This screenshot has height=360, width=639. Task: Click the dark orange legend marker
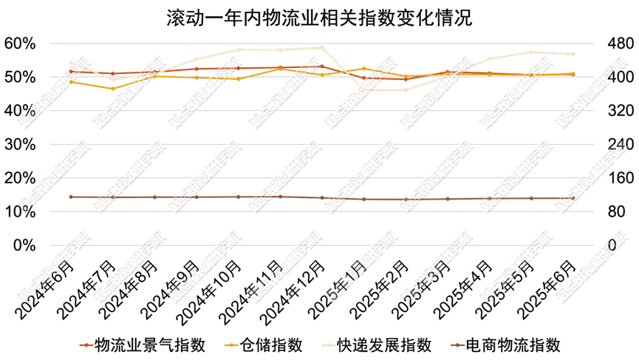tap(86, 344)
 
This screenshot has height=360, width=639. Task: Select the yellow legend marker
tap(231, 344)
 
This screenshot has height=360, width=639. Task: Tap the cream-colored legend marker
tap(329, 344)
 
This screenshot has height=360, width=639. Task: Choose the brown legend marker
tap(457, 344)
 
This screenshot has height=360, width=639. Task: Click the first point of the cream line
tap(71, 64)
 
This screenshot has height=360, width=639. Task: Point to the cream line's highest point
tap(321, 47)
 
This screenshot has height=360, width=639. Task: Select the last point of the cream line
tap(573, 54)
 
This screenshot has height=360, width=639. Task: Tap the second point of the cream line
tap(112, 79)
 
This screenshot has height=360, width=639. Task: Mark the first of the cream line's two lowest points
tap(363, 89)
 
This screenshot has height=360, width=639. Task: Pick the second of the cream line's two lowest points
tap(405, 89)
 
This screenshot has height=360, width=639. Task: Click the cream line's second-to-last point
tap(530, 52)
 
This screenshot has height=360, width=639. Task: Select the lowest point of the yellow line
tap(112, 89)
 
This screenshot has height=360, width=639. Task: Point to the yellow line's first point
tap(71, 81)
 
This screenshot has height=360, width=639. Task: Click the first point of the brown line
tap(71, 197)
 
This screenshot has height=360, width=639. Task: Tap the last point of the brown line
tap(573, 198)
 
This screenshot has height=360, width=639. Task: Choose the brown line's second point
tap(112, 197)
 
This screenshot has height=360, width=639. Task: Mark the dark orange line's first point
tap(71, 71)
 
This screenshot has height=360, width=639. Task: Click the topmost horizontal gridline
tap(321, 43)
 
